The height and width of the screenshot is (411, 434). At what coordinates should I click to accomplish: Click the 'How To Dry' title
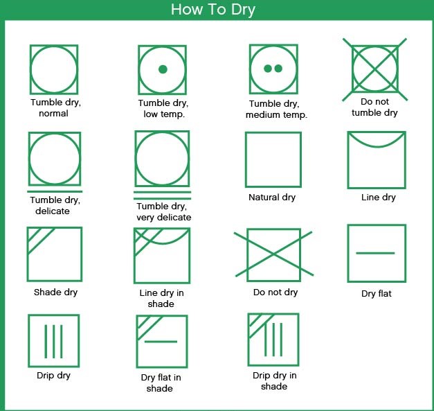(213, 10)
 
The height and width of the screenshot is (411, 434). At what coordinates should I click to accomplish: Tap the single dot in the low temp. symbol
(163, 69)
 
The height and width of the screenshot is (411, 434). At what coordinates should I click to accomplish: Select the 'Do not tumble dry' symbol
(374, 69)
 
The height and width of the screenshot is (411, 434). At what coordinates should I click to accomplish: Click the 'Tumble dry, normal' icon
(30, 69)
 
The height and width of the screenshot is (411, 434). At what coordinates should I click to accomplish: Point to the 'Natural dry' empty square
(246, 159)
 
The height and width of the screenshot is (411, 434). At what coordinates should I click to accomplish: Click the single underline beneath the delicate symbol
(55, 191)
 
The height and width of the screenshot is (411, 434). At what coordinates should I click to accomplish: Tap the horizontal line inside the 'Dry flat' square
(375, 253)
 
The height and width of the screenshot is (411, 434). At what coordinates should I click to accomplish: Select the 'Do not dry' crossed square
(273, 254)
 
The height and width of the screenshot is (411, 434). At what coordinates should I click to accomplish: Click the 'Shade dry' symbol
(27, 254)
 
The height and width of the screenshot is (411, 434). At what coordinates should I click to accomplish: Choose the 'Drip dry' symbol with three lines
(54, 342)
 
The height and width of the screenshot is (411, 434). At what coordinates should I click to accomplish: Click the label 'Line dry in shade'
(161, 298)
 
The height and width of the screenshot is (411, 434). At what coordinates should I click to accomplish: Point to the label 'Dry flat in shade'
(161, 383)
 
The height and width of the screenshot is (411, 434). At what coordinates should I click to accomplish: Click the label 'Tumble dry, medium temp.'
(276, 110)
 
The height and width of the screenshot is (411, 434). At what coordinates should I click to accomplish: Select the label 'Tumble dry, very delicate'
(163, 211)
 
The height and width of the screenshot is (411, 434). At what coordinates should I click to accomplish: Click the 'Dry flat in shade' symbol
(161, 342)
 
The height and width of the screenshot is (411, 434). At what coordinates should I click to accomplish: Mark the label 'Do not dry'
(275, 292)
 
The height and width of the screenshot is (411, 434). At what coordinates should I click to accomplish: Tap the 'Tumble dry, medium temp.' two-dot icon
(273, 69)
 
